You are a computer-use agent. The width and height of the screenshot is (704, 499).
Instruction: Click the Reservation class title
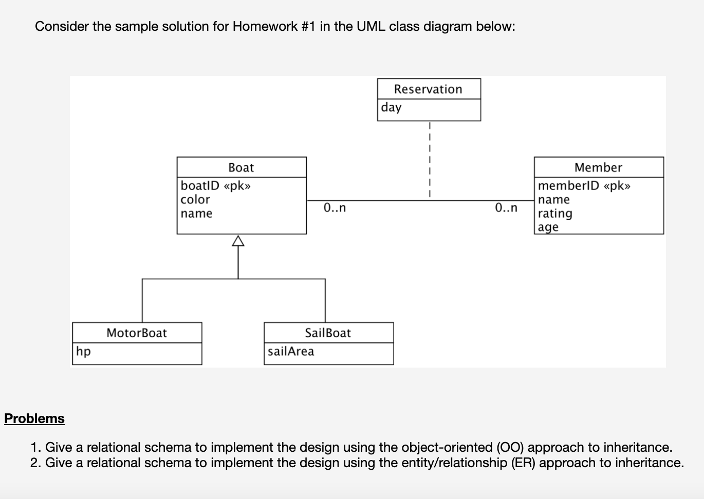pos(428,89)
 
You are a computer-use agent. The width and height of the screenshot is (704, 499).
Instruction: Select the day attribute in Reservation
pos(391,107)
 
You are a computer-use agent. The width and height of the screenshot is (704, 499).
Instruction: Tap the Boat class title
pos(241,168)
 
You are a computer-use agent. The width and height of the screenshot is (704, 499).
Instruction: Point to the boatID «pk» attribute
pos(215,185)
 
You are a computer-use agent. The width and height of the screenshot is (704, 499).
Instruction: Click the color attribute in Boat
pos(195,200)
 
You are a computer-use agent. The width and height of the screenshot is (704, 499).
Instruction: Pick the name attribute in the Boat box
pos(196,214)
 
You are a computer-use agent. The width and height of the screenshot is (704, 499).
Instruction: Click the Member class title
pos(598,168)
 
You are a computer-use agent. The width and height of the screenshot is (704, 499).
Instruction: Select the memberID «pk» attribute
pos(584,185)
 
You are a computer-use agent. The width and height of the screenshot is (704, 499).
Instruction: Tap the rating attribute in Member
pos(555,214)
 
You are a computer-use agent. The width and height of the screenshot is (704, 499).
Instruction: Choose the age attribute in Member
pos(548,227)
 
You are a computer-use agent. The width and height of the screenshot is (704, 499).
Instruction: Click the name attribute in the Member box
pos(554,200)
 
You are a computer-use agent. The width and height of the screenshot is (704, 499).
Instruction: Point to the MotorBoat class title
pos(137,333)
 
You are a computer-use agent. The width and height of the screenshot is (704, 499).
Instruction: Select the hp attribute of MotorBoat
pos(83,351)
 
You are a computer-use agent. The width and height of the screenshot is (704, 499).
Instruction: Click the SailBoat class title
pos(328,333)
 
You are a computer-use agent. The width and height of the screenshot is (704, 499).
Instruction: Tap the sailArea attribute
pos(291,351)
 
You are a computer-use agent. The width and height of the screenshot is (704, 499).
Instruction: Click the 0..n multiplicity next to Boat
pos(335,208)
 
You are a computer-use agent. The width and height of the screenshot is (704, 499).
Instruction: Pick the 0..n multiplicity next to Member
pos(506,208)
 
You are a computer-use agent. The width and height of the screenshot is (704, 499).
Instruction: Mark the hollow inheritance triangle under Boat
pos(238,241)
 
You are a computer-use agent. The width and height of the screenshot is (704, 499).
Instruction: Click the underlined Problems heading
pos(34,418)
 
